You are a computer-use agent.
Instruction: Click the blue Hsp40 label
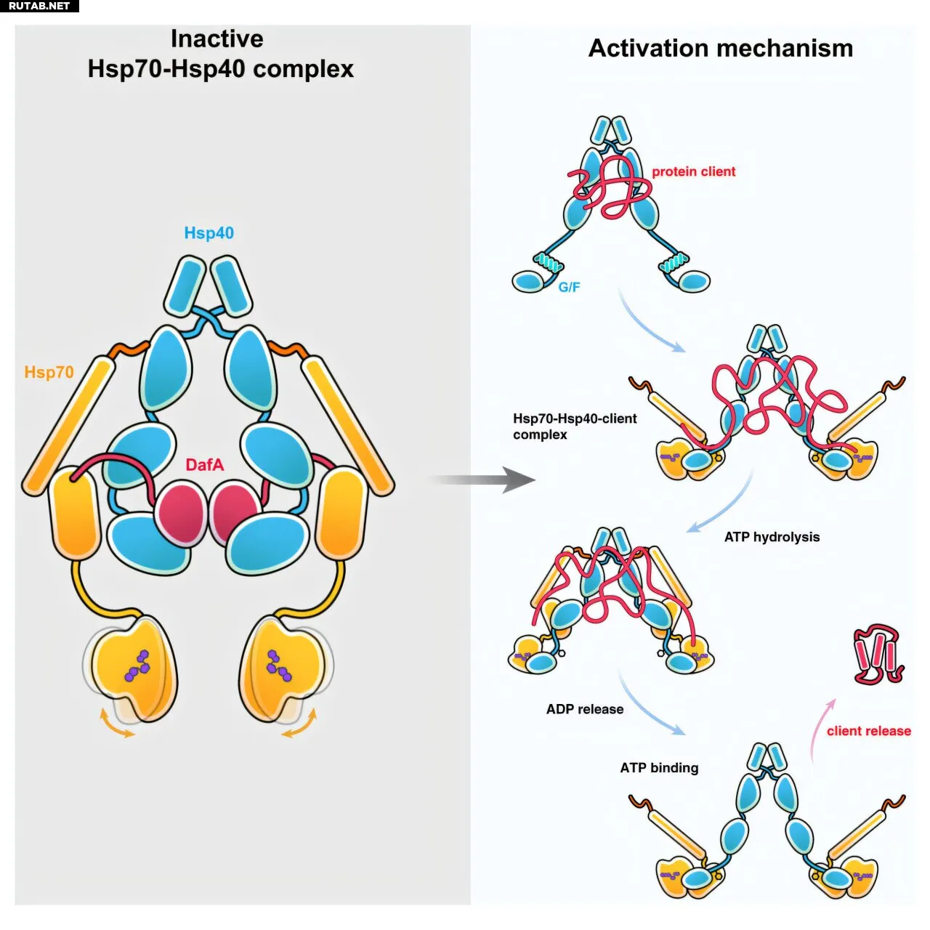(209, 232)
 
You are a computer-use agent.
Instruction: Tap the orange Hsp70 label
(49, 372)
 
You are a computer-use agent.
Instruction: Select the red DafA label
(204, 464)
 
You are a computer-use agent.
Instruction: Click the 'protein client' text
(693, 171)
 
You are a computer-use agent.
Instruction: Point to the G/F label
(569, 287)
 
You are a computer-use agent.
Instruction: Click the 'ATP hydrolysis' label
(772, 537)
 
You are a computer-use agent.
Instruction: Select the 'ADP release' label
(585, 709)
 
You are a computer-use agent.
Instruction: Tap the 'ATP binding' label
(659, 767)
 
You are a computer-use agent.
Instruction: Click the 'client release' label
(868, 731)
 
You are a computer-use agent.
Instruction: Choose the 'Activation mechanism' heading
(720, 48)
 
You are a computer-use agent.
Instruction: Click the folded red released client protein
(878, 654)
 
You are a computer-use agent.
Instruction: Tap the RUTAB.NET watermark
(39, 6)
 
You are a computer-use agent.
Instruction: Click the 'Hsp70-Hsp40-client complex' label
(574, 426)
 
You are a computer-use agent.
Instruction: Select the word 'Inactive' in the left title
(217, 39)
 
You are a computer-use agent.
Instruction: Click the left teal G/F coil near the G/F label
(549, 262)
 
